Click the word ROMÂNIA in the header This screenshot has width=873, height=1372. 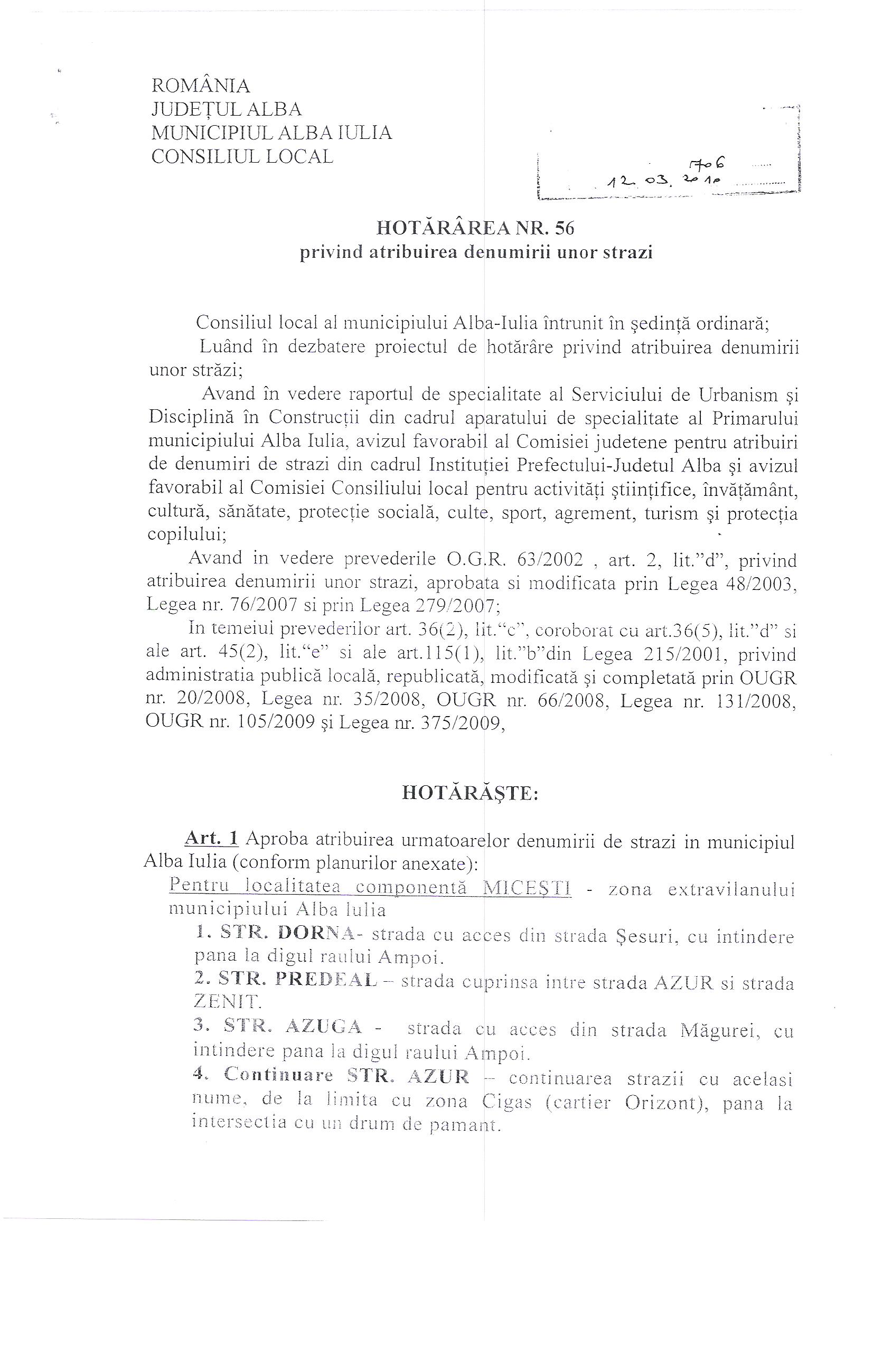coord(201,86)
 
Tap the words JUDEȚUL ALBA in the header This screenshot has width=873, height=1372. coord(226,109)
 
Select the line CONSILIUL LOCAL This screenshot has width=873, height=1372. coord(242,156)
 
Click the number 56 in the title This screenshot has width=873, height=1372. coord(563,228)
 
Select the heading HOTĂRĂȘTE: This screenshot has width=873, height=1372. coord(470,793)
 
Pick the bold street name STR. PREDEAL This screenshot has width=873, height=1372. coord(297,979)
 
